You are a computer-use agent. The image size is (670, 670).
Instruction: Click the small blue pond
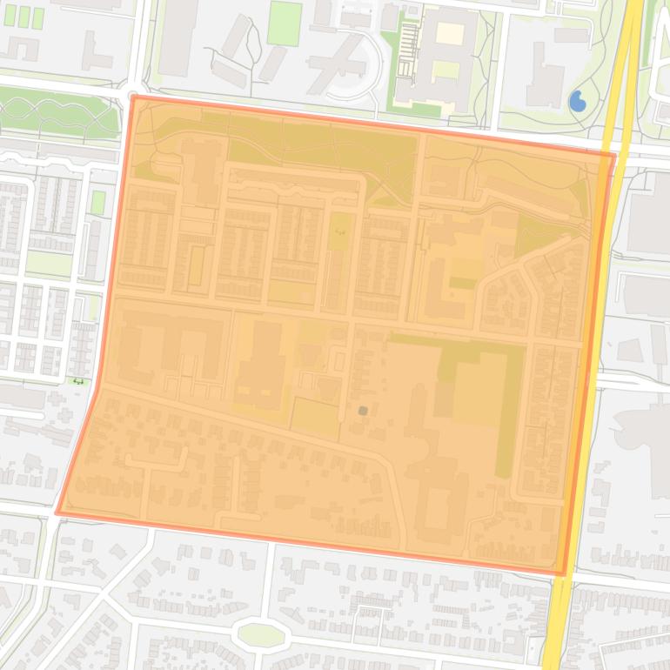[x=577, y=103]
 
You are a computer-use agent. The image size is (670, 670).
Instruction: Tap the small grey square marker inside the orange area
[x=363, y=411]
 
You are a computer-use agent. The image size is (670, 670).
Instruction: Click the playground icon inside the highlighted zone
[x=339, y=233]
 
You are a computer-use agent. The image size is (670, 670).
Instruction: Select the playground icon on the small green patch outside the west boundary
[x=79, y=380]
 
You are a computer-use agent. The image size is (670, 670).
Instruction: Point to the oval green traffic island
[x=261, y=634]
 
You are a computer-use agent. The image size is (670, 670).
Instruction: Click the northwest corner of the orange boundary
[x=133, y=97]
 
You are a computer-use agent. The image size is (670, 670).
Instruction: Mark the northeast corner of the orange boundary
[x=613, y=156]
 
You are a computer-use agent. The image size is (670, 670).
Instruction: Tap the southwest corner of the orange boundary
[x=58, y=512]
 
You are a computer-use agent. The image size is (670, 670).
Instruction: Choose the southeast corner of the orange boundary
[x=565, y=573]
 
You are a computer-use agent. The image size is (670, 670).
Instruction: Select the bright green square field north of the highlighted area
[x=285, y=23]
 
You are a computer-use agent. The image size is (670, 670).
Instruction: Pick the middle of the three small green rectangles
[x=23, y=17]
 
